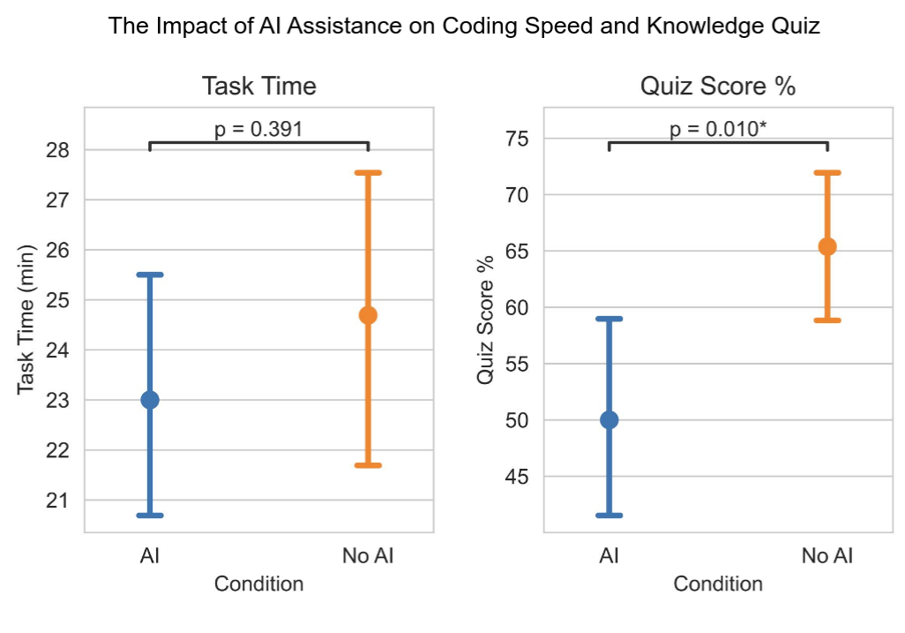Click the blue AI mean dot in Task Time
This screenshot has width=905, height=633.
[150, 400]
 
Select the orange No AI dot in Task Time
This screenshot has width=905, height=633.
[368, 315]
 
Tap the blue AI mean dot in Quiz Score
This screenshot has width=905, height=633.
[609, 420]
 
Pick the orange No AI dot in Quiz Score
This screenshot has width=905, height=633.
[827, 246]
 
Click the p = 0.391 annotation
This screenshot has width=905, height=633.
[258, 129]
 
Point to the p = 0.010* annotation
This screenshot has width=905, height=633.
[718, 129]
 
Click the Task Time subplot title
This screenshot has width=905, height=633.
[258, 87]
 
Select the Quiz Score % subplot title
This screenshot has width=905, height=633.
[718, 87]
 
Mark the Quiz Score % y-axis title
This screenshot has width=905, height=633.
[485, 320]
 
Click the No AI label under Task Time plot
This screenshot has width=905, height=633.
[368, 556]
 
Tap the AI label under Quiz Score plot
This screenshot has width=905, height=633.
[609, 556]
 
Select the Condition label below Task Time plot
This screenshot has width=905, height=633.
[258, 584]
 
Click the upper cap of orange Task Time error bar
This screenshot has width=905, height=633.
[368, 173]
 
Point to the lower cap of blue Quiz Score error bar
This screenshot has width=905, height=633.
[609, 515]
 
